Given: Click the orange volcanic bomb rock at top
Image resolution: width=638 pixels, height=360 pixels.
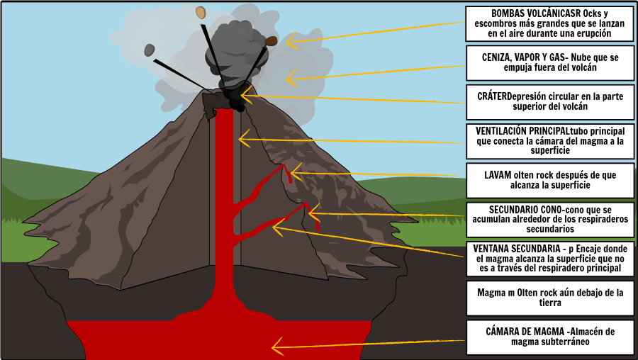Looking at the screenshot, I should click(x=201, y=12).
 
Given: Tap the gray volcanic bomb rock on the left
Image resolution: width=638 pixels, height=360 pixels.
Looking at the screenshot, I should click(x=150, y=50).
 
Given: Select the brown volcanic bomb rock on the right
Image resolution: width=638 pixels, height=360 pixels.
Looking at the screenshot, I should click(x=271, y=41).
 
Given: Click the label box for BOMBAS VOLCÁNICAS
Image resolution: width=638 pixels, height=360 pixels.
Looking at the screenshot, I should click(x=550, y=23).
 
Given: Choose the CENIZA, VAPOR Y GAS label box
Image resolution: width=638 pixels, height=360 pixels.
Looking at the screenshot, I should click(x=550, y=63).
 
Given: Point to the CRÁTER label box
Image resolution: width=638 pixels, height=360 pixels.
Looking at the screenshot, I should click(x=550, y=102).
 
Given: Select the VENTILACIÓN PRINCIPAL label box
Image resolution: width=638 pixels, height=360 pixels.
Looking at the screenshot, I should click(x=550, y=141).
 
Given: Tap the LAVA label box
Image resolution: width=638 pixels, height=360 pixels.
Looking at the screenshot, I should click(x=550, y=180).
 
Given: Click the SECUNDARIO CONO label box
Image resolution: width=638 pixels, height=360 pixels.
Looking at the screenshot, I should click(x=550, y=219).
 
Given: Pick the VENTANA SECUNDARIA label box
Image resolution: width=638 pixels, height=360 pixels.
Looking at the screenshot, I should click(x=550, y=259).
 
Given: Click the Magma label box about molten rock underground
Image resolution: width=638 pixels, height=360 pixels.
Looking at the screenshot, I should click(x=550, y=298).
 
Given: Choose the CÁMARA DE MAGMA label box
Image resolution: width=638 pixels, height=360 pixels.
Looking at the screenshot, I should click(x=550, y=337).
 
